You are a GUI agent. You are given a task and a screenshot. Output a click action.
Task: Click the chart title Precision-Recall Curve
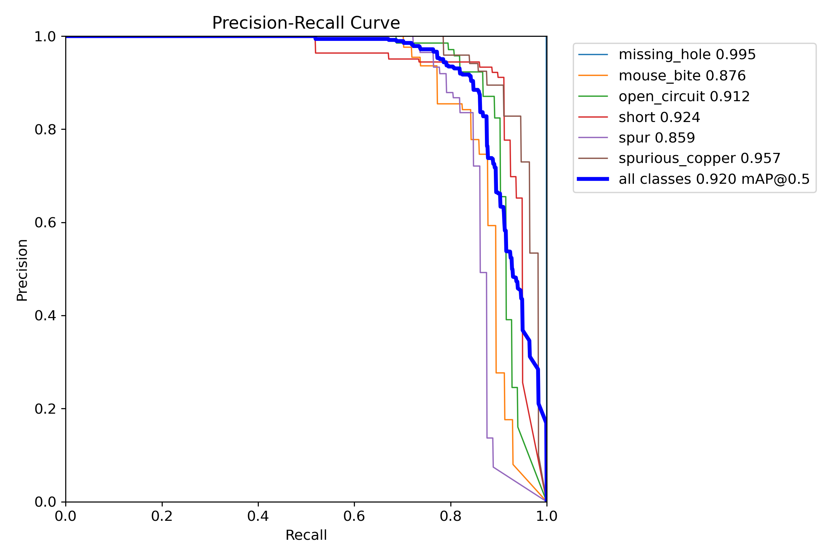306,23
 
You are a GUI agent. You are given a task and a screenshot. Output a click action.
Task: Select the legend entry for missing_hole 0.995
687,55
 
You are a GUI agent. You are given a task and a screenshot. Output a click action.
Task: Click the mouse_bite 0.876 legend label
682,76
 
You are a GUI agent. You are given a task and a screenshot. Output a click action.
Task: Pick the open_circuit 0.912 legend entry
684,97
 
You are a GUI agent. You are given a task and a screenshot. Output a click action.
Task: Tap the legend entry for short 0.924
659,118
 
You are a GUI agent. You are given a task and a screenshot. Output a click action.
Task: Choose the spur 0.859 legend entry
657,138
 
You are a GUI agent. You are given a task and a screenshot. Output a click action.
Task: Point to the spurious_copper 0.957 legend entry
699,158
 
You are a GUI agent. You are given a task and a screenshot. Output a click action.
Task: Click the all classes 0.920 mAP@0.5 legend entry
714,179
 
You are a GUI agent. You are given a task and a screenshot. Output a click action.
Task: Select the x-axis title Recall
306,535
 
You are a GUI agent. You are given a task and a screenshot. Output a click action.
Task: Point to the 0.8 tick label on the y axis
45,130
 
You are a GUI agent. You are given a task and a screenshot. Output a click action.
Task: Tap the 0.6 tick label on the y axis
45,223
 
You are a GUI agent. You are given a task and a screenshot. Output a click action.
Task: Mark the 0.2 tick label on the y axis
45,409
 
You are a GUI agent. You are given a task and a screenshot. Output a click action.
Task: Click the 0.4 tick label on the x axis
258,516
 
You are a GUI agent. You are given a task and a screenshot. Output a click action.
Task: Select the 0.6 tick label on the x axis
354,516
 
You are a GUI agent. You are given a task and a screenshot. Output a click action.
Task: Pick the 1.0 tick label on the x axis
546,516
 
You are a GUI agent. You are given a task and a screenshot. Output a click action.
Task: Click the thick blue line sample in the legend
593,179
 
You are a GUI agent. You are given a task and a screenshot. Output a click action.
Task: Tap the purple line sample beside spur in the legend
593,138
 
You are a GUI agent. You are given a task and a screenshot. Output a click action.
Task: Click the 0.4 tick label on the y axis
45,316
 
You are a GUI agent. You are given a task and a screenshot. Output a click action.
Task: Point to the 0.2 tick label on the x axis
162,516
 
